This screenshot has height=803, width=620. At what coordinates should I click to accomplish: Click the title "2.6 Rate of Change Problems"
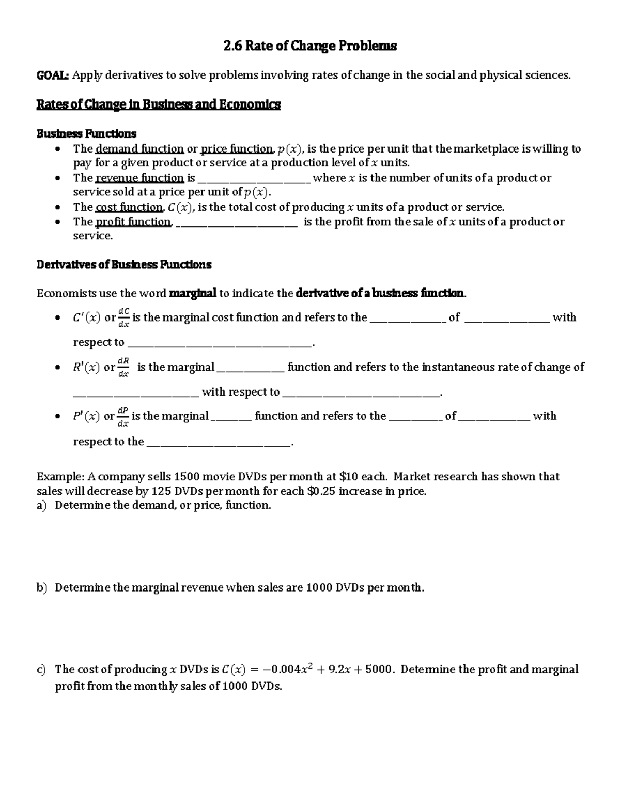tap(310, 46)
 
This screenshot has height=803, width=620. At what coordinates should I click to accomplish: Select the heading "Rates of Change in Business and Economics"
tap(158, 104)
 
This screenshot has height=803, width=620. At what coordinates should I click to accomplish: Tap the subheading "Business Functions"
tap(86, 133)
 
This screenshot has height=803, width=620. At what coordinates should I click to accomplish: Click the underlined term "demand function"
tap(140, 149)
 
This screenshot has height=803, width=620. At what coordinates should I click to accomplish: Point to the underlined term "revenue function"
tap(140, 178)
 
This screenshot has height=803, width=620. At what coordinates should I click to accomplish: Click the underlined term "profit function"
tap(133, 222)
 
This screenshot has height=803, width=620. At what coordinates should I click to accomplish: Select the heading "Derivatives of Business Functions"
tap(124, 265)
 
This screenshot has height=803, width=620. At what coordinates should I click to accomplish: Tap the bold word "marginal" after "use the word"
tap(193, 294)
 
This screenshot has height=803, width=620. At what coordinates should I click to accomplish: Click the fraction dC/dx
tap(124, 317)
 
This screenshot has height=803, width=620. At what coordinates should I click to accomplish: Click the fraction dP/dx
tap(123, 416)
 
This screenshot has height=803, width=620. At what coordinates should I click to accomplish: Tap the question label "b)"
tap(42, 588)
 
